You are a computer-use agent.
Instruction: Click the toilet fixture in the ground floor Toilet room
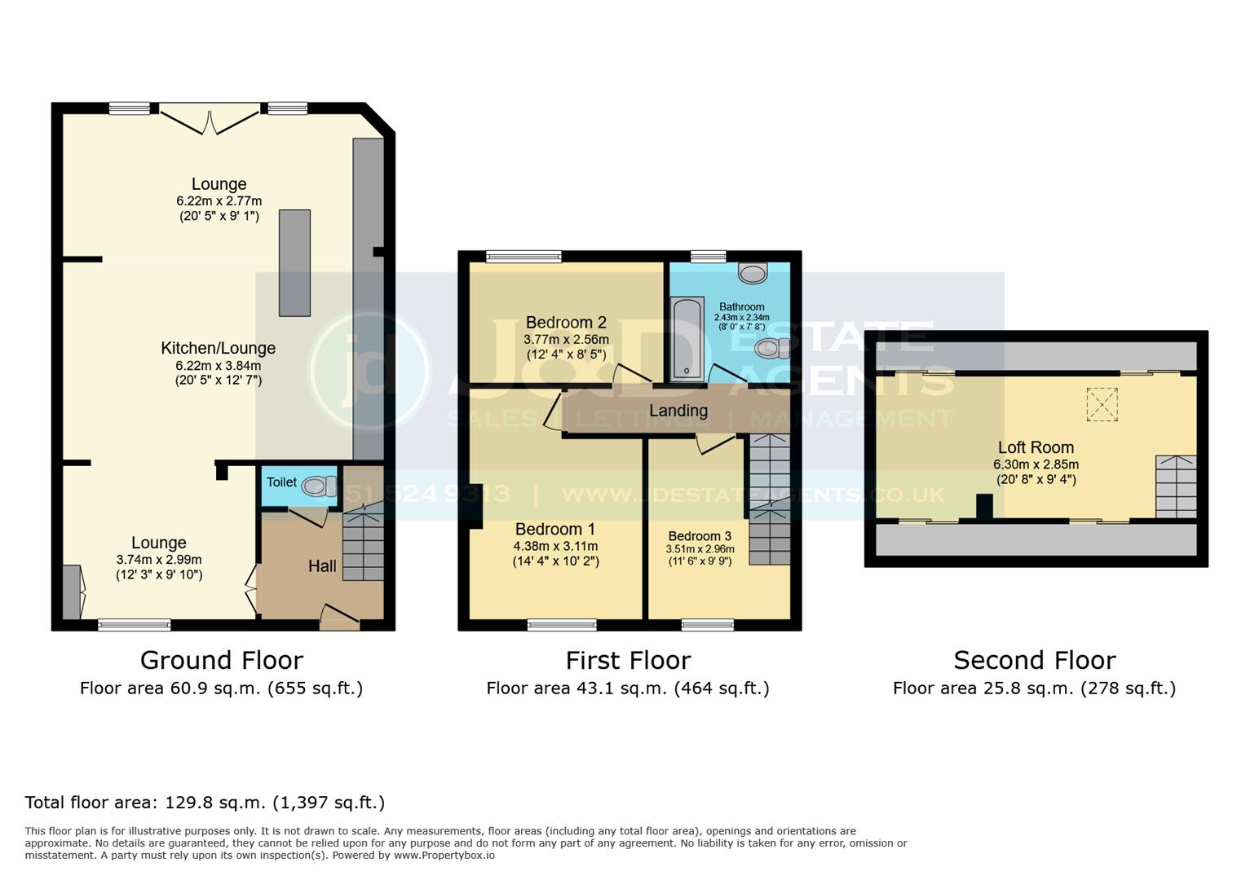click(x=319, y=486)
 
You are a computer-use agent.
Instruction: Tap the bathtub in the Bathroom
click(x=687, y=339)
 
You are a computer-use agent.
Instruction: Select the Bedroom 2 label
click(x=566, y=322)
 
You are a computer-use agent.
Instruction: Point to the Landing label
click(x=678, y=411)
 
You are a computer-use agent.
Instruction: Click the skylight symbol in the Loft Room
click(x=1102, y=405)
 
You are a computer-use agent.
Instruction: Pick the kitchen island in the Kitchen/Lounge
click(x=294, y=262)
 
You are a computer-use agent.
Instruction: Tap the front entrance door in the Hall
click(x=339, y=618)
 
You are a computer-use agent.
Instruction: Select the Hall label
click(x=322, y=565)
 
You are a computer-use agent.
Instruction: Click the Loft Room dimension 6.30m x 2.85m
click(x=1036, y=464)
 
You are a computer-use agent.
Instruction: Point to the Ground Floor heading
click(x=221, y=660)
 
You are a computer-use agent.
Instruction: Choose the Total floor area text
click(x=205, y=803)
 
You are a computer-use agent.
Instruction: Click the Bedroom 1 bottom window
click(x=562, y=625)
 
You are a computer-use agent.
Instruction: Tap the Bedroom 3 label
click(x=700, y=536)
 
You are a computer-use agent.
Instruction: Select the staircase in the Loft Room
click(x=1175, y=486)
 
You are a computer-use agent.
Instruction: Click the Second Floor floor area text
click(x=1034, y=689)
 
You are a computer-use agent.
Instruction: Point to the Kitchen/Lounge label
click(x=218, y=348)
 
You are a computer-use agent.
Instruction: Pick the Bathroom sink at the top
click(x=752, y=274)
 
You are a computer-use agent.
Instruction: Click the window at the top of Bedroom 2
click(x=523, y=257)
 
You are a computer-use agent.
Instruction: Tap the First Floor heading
click(x=628, y=660)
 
